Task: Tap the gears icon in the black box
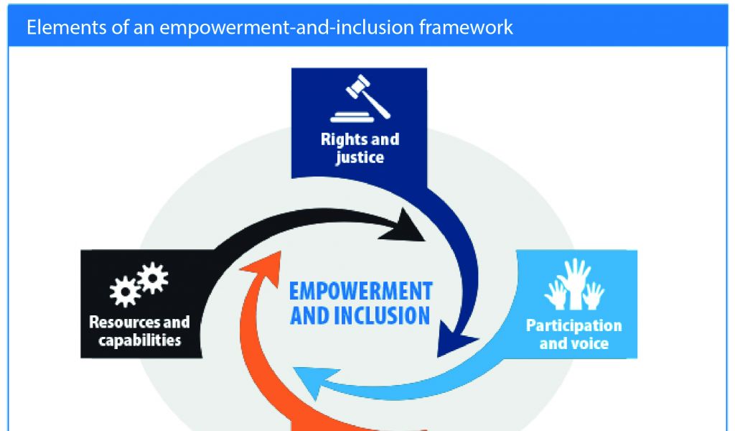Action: pyautogui.click(x=139, y=284)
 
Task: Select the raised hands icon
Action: pyautogui.click(x=574, y=284)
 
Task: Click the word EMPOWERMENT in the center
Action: pyautogui.click(x=360, y=291)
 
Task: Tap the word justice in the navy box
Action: pyautogui.click(x=360, y=157)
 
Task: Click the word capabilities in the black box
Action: pyautogui.click(x=140, y=340)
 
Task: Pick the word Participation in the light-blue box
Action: pyautogui.click(x=574, y=325)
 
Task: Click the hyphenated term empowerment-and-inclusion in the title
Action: pyautogui.click(x=287, y=28)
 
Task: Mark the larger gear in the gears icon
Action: pyautogui.click(x=124, y=292)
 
